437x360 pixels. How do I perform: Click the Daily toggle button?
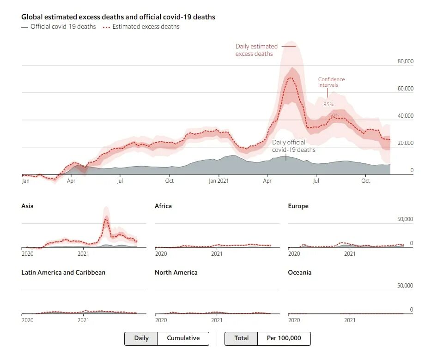tap(141, 338)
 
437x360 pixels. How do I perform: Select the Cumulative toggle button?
tap(183, 338)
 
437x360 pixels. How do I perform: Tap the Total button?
tap(241, 338)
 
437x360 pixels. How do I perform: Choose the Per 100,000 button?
tap(284, 338)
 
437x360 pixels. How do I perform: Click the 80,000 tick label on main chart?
tap(405, 61)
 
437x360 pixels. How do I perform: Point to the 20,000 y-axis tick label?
tap(405, 143)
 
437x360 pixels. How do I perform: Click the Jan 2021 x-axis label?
tap(218, 181)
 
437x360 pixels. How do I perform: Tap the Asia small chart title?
tap(27, 206)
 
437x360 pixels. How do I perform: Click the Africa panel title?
tap(163, 206)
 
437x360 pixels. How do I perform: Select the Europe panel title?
tap(298, 206)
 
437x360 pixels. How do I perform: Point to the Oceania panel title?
tap(299, 272)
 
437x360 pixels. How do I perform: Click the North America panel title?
tap(176, 272)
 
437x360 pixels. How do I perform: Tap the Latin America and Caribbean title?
tap(63, 272)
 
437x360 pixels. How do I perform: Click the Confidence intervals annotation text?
tap(331, 82)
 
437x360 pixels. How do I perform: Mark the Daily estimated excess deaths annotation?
tap(256, 50)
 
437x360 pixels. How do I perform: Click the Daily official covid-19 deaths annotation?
tap(293, 146)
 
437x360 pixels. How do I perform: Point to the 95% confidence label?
tap(328, 104)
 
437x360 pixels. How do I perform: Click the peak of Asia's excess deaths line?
tap(106, 219)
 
